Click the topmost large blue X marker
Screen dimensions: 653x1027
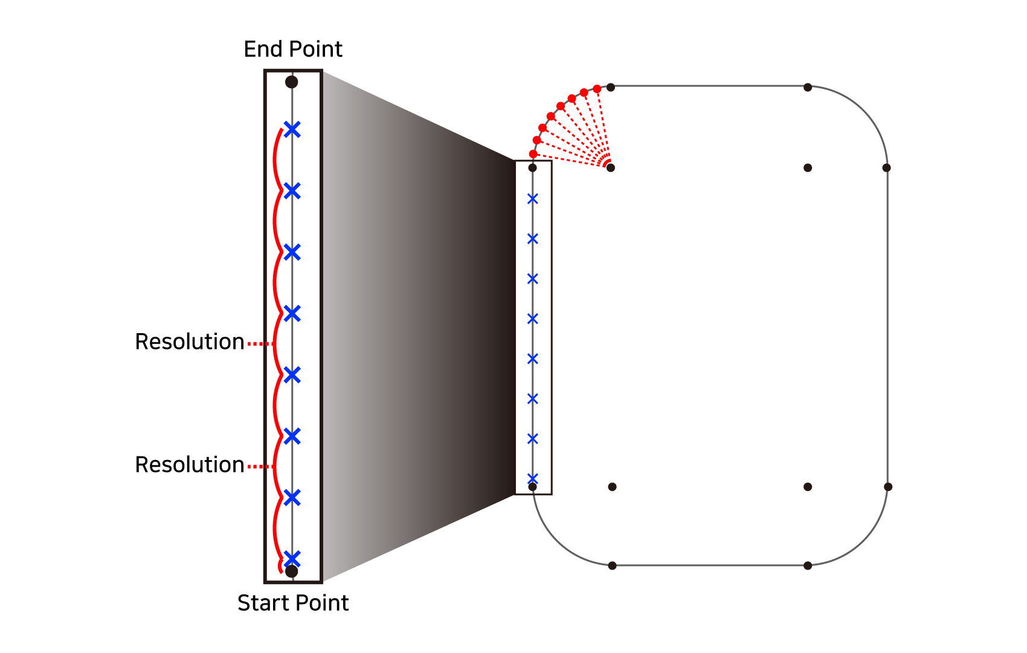(292, 129)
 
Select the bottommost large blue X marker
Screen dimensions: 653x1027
(292, 558)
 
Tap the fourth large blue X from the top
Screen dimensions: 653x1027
(292, 313)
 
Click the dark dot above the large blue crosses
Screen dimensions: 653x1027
(292, 82)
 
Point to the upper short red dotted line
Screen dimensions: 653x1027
(260, 343)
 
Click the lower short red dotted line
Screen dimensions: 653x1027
(260, 466)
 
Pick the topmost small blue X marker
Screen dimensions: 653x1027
(533, 198)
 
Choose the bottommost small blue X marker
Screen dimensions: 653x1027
(533, 478)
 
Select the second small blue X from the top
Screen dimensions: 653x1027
(533, 239)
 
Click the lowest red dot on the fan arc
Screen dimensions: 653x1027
(533, 154)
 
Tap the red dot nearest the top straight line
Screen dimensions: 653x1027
(597, 89)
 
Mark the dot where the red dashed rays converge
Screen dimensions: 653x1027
(611, 167)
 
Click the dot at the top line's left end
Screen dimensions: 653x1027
(611, 87)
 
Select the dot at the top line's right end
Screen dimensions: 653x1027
(808, 87)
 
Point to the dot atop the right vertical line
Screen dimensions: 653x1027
(886, 167)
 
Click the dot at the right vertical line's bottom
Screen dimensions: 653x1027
(887, 487)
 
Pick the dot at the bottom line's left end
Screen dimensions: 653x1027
(612, 565)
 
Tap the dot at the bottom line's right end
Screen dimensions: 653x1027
(808, 565)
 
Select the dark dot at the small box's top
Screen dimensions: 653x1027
(532, 167)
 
